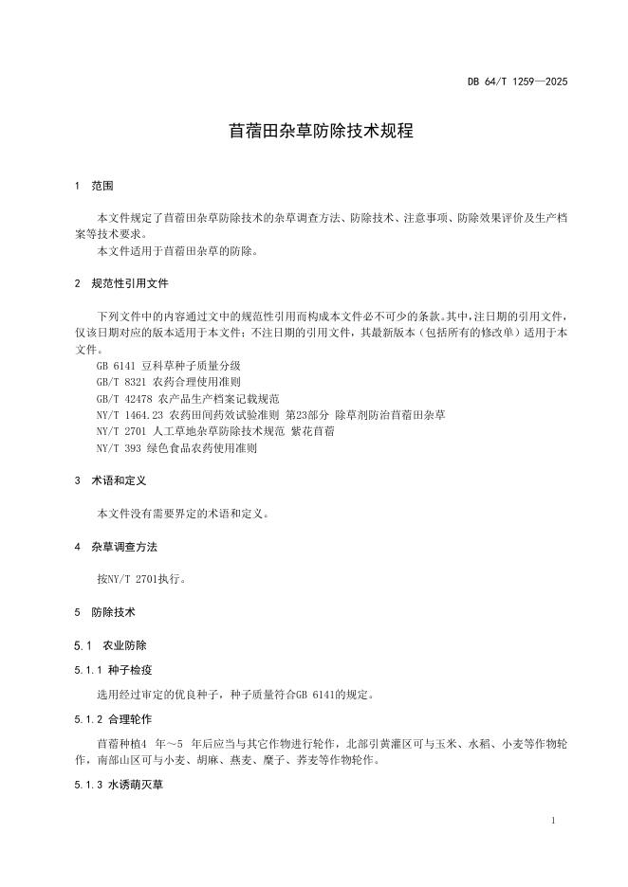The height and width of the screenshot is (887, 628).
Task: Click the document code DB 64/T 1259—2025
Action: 517,81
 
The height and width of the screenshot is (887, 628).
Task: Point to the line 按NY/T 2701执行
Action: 141,578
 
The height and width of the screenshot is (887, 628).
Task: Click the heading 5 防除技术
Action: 105,612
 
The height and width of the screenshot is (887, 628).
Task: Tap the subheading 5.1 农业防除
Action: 110,644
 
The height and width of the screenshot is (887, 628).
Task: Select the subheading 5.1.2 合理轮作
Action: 117,719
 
